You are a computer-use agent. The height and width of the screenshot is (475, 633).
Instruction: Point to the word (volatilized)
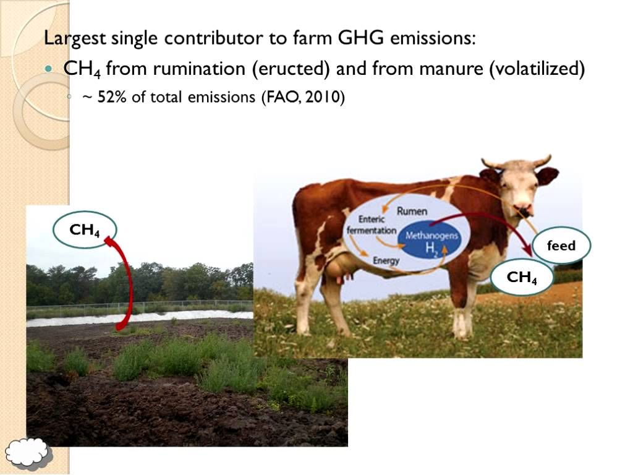click(x=536, y=69)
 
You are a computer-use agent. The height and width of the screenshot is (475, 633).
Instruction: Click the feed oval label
click(x=561, y=246)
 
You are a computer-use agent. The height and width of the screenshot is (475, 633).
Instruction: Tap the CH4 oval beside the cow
click(x=521, y=278)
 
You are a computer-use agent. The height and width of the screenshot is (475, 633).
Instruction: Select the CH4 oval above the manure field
click(x=85, y=230)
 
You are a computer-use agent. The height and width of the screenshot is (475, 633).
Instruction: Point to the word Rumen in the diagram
click(x=412, y=212)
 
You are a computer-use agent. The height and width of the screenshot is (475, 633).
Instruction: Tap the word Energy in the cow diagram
click(x=386, y=261)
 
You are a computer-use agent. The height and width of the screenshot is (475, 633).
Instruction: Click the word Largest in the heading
click(x=74, y=38)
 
